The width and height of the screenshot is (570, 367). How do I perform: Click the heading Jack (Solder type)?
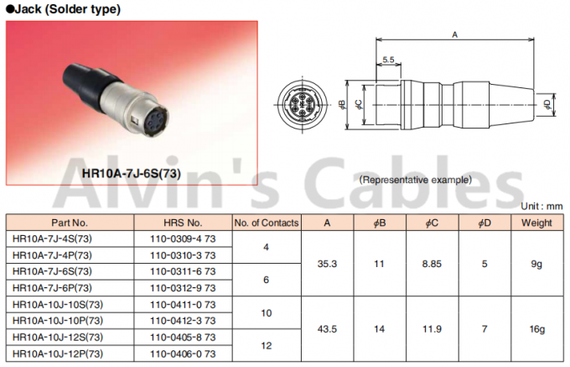pyautogui.click(x=65, y=9)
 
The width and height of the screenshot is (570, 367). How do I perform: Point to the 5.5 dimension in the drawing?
pyautogui.click(x=388, y=60)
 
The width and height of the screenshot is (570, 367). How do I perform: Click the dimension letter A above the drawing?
pyautogui.click(x=454, y=35)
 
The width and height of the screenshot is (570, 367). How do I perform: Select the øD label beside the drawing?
pyautogui.click(x=547, y=104)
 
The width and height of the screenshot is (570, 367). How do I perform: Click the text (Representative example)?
pyautogui.click(x=415, y=180)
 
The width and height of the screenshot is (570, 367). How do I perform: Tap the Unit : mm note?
pyautogui.click(x=541, y=206)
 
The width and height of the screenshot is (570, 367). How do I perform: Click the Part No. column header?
pyautogui.click(x=69, y=223)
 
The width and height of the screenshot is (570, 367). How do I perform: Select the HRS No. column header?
pyautogui.click(x=183, y=223)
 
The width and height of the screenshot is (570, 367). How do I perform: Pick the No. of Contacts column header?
pyautogui.click(x=266, y=223)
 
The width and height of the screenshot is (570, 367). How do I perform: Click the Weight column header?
pyautogui.click(x=536, y=223)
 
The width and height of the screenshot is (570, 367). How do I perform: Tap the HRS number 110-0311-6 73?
pyautogui.click(x=183, y=272)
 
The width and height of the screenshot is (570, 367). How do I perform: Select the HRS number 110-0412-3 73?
pyautogui.click(x=183, y=321)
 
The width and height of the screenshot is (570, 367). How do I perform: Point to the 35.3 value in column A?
pyautogui.click(x=328, y=265)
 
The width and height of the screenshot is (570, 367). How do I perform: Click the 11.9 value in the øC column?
pyautogui.click(x=433, y=328)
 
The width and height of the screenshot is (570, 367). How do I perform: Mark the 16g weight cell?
pyautogui.click(x=536, y=328)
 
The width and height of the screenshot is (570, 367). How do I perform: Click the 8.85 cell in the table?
pyautogui.click(x=433, y=265)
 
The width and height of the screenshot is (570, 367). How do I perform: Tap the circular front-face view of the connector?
pyautogui.click(x=322, y=105)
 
